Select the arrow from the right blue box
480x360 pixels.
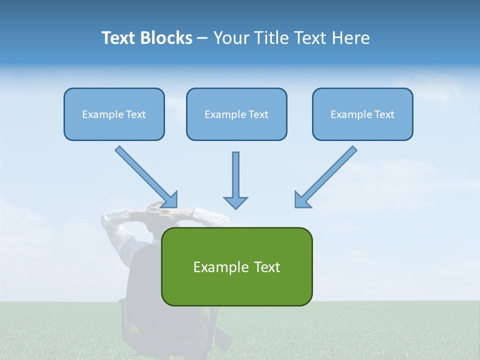tap(327, 175)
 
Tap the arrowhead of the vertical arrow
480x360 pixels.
tap(235, 202)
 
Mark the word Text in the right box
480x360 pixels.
tap(384, 114)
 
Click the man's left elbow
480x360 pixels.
tap(108, 217)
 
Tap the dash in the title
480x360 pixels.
tap(202, 38)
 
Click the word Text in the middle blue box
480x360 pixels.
tap(258, 114)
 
